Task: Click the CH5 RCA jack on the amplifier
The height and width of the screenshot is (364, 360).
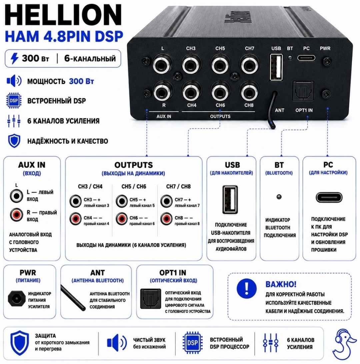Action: pos(220,65)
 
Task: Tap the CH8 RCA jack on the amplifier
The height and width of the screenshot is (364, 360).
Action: pos(249,93)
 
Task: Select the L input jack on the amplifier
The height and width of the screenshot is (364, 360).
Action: pos(162,65)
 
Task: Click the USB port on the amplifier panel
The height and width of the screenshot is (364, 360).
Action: pos(276,67)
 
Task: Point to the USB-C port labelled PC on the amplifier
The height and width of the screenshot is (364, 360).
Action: pos(306,58)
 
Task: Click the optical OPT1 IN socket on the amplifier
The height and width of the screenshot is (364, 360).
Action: pos(303,91)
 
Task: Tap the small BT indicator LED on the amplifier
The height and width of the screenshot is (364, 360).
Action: pos(290,57)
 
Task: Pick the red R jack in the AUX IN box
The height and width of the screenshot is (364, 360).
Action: pos(17,215)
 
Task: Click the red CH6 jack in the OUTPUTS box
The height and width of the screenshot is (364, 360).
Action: pos(122,218)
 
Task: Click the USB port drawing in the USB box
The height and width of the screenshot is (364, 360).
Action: pos(230,199)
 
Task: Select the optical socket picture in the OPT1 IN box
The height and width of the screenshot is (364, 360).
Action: pos(151,299)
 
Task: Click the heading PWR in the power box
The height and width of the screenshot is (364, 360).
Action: pos(28,272)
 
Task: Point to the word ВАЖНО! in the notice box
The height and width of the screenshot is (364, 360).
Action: pos(281,284)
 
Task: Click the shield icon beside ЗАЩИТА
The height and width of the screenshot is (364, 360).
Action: pos(20,343)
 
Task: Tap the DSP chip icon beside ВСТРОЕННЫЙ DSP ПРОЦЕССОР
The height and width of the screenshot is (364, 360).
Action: pos(192,343)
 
